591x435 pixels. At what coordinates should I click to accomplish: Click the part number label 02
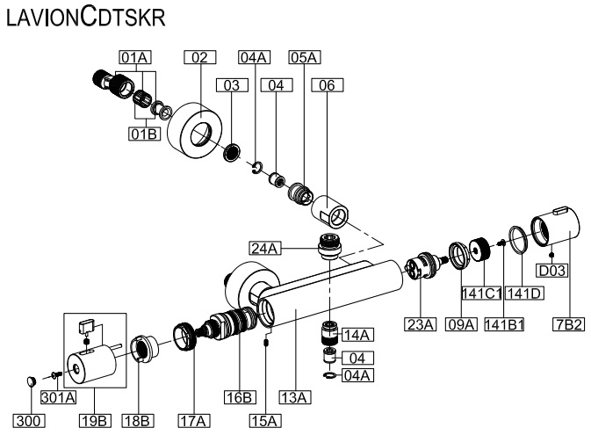pos(199,57)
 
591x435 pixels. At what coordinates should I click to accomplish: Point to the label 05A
pos(304,57)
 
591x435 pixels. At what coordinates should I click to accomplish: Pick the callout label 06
pos(328,85)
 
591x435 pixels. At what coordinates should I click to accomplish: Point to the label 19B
pos(91,421)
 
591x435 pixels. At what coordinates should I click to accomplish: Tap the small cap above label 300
pos(30,381)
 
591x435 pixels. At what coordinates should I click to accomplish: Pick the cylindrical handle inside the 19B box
pos(93,365)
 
